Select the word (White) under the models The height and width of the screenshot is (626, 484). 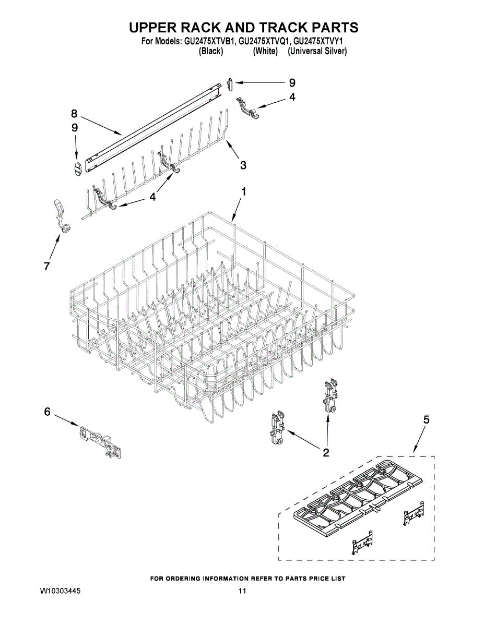[x=265, y=52]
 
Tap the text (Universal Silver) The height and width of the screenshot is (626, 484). [x=317, y=52]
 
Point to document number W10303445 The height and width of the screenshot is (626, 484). [x=60, y=591]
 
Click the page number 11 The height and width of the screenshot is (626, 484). [x=242, y=591]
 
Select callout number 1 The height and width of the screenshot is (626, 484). [x=243, y=192]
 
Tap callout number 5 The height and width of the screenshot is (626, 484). [x=427, y=419]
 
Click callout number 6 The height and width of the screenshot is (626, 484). [x=47, y=412]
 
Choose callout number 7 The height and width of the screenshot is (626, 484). [x=46, y=267]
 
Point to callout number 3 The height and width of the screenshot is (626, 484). [x=243, y=165]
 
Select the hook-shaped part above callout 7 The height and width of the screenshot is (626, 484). [x=62, y=214]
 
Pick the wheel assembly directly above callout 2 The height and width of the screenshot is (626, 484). [x=329, y=397]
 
